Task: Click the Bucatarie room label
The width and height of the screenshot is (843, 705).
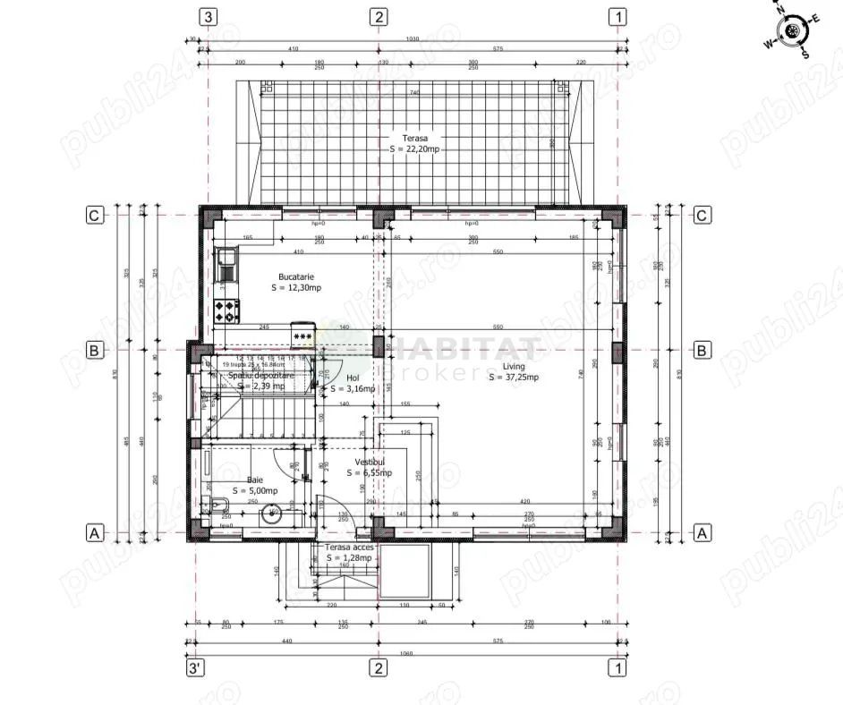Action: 296,277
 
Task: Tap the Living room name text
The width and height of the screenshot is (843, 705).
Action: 513,367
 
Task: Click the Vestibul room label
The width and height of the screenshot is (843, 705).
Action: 369,462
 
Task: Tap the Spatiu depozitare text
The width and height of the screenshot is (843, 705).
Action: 260,376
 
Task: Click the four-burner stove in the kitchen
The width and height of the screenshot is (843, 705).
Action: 227,311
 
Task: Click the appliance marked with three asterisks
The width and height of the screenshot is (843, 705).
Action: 302,336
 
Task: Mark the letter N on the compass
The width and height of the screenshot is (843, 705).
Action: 780,12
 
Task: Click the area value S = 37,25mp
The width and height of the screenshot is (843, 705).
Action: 513,378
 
